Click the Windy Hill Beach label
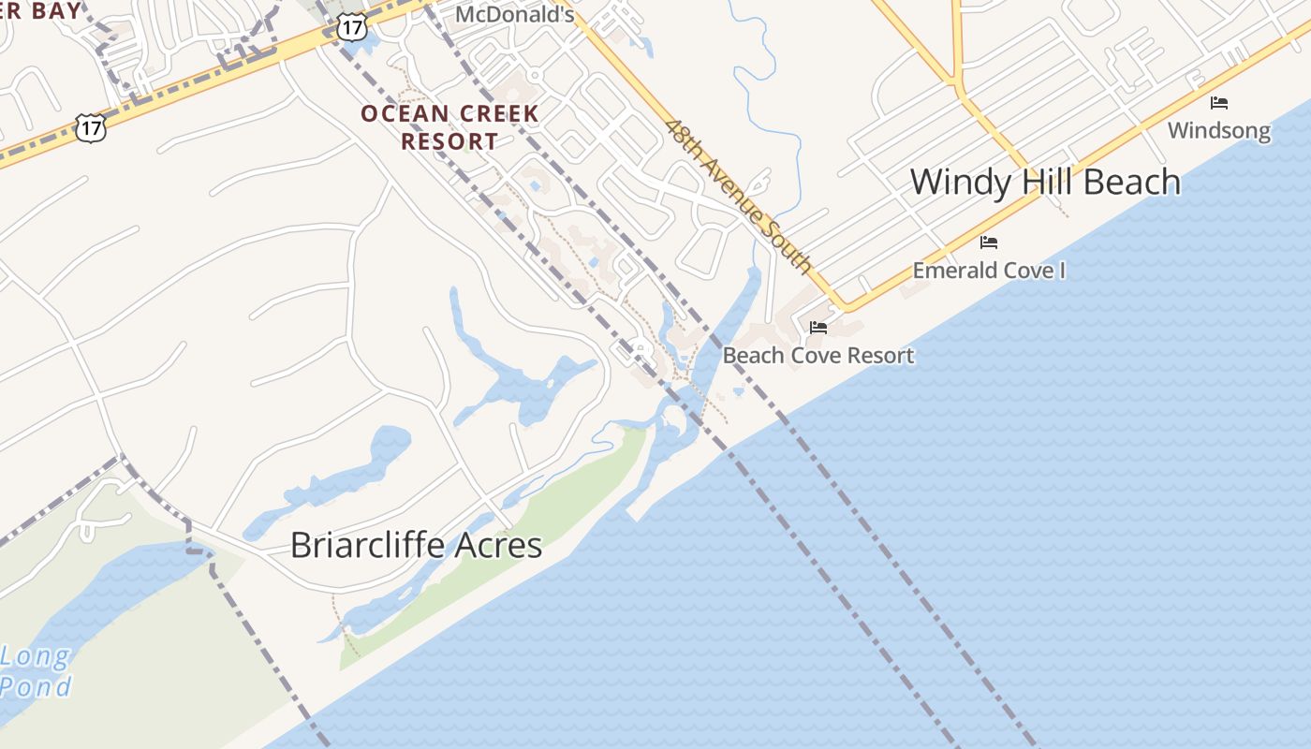[1045, 182]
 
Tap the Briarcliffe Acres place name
[416, 545]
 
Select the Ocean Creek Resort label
[449, 127]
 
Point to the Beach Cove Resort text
[818, 356]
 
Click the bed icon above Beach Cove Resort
[818, 328]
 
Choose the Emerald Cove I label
[989, 271]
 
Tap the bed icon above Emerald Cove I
[989, 242]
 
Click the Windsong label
[1218, 130]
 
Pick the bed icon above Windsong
[1218, 103]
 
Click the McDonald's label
[514, 14]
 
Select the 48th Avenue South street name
[739, 196]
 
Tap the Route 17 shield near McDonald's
[351, 26]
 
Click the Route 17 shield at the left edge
[91, 127]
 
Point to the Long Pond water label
[36, 671]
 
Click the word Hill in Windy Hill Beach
[1048, 182]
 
